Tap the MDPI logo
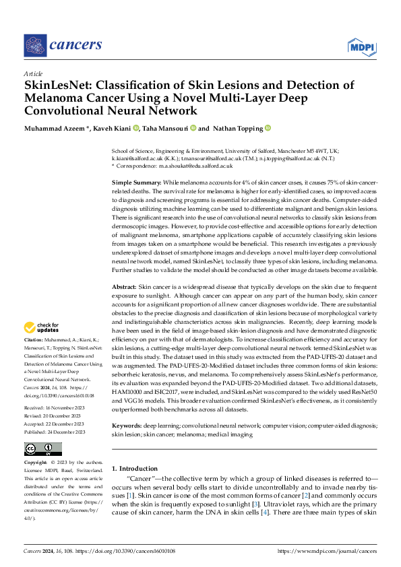pyautogui.click(x=361, y=46)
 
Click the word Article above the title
pyautogui.click(x=32, y=73)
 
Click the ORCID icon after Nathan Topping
pyautogui.click(x=268, y=128)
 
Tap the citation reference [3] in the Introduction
pyautogui.click(x=255, y=504)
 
